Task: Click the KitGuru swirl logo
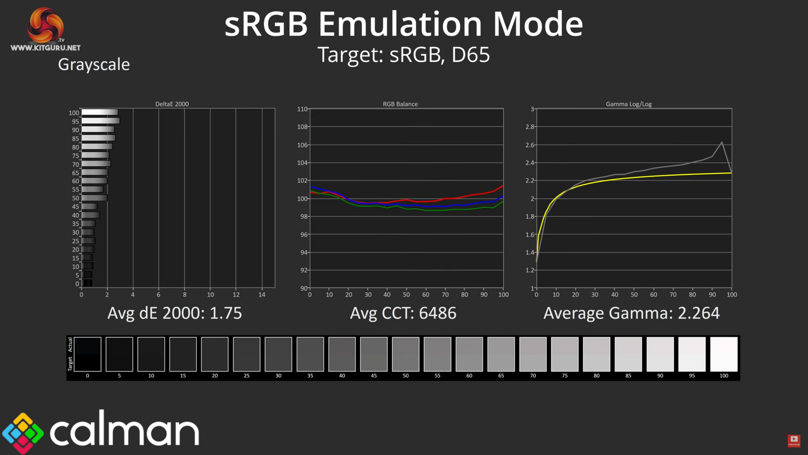click(x=45, y=25)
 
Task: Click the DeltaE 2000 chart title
click(x=172, y=104)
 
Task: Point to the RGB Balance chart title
click(x=400, y=104)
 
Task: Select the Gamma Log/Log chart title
click(x=628, y=104)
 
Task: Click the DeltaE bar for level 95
click(x=101, y=121)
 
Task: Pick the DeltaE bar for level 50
click(x=94, y=198)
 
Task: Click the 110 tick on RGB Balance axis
click(x=302, y=109)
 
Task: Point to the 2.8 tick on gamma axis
click(x=530, y=127)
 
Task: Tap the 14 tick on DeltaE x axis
click(x=262, y=295)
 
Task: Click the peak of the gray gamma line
click(x=722, y=142)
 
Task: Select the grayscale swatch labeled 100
click(x=723, y=354)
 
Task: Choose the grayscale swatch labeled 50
click(x=405, y=354)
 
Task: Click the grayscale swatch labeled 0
click(x=88, y=354)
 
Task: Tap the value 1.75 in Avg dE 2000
click(x=226, y=313)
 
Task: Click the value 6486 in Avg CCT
click(x=438, y=313)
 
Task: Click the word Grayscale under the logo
click(x=94, y=64)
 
